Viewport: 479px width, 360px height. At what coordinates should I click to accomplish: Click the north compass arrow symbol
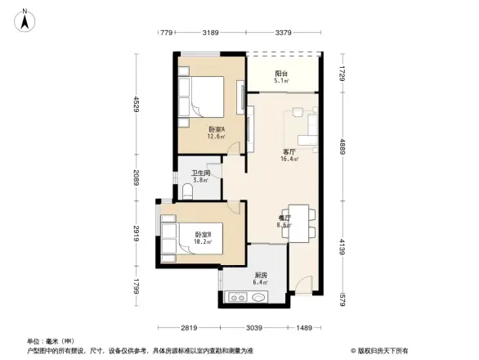click(25, 18)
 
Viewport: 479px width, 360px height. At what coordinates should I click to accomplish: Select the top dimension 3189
click(211, 34)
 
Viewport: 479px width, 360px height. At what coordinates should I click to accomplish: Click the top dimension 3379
click(284, 34)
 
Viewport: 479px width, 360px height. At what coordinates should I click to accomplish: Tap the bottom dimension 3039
click(256, 327)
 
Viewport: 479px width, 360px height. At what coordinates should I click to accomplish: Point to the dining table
click(298, 221)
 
